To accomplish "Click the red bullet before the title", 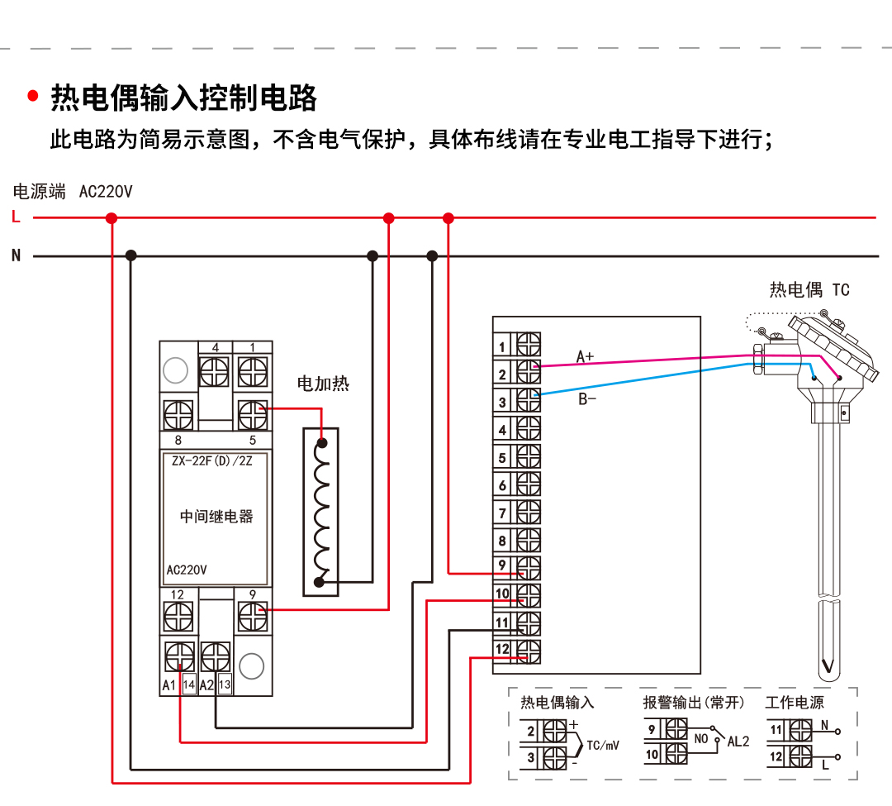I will pos(33,96).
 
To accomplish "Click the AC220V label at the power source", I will pos(105,192).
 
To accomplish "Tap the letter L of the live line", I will pos(16,217).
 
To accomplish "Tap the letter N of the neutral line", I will pos(16,255).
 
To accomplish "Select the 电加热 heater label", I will pos(323,384).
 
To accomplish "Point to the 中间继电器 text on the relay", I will pos(216,517).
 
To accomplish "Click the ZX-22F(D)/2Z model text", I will pos(211,461).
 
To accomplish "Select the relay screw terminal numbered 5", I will pos(251,410).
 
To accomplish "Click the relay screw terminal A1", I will pos(179,657).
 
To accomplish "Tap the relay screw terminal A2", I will pos(216,657).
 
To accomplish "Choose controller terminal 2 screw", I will pos(528,373).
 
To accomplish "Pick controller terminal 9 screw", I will pos(528,567).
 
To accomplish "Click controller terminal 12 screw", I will pos(528,651).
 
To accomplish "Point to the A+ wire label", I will pos(585,356).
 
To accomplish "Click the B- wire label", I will pos(586,400).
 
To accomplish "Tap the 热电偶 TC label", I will pos(809,289).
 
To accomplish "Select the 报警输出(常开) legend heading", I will pos(694,703).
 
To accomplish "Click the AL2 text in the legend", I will pos(738,742).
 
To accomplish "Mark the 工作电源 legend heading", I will pos(795,703).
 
